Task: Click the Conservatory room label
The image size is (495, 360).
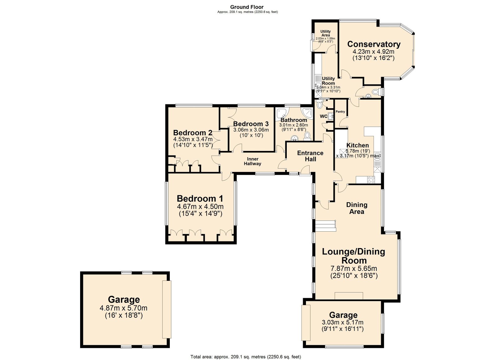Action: pyautogui.click(x=374, y=45)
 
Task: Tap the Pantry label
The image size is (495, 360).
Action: pyautogui.click(x=340, y=112)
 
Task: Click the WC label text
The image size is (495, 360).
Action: pyautogui.click(x=324, y=117)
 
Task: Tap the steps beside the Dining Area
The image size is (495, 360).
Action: pyautogui.click(x=325, y=226)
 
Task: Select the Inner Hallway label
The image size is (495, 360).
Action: pyautogui.click(x=252, y=161)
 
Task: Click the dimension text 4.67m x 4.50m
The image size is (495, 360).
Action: pyautogui.click(x=200, y=207)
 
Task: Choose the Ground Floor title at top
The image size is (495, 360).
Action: pyautogui.click(x=247, y=7)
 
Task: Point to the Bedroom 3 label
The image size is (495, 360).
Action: pyautogui.click(x=251, y=124)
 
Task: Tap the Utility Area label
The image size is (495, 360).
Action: pyautogui.click(x=325, y=33)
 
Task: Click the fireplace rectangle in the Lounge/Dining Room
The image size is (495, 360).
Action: pyautogui.click(x=349, y=295)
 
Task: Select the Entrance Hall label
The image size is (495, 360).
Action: pyautogui.click(x=310, y=156)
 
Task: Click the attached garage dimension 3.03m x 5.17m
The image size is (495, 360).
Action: pyautogui.click(x=342, y=323)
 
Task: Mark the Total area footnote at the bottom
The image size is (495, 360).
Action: pyautogui.click(x=246, y=357)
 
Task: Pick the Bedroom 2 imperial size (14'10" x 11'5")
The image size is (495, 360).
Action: pyautogui.click(x=193, y=144)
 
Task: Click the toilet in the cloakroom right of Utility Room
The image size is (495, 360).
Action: pyautogui.click(x=375, y=92)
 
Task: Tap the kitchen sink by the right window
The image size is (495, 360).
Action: pyautogui.click(x=377, y=156)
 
